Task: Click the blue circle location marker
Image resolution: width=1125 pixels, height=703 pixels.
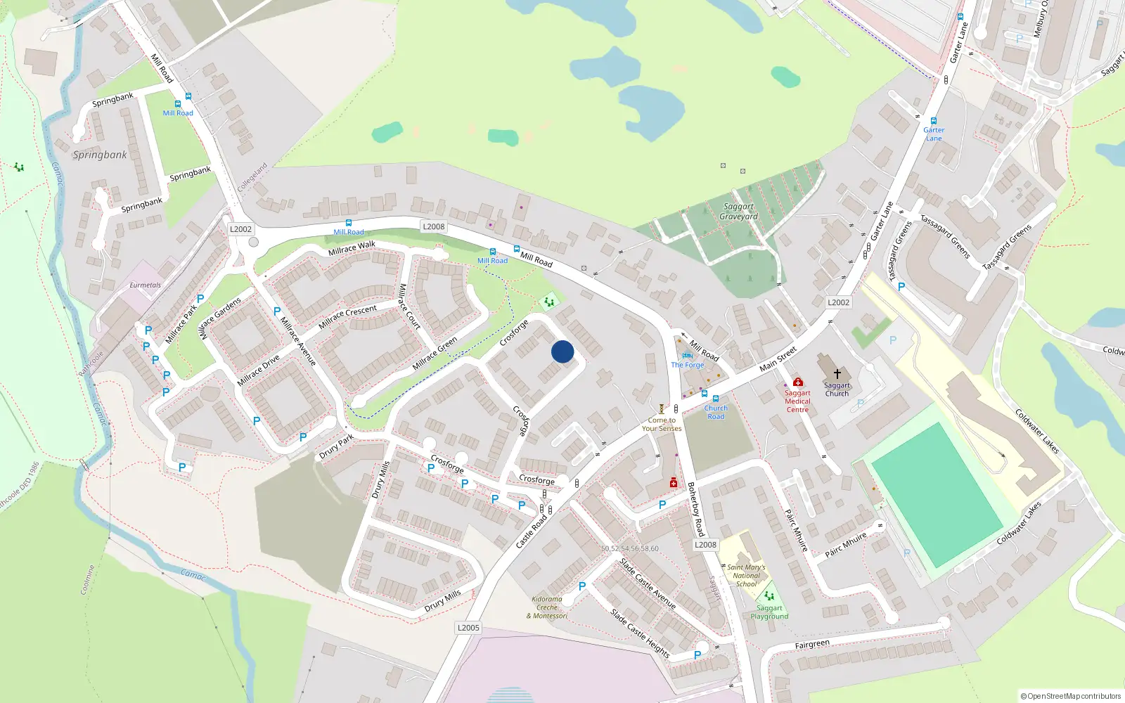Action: (x=562, y=351)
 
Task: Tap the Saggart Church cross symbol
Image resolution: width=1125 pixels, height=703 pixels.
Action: (x=837, y=374)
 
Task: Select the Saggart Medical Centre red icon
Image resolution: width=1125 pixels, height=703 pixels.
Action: (x=798, y=382)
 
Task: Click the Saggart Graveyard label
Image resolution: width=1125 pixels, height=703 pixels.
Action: (x=738, y=212)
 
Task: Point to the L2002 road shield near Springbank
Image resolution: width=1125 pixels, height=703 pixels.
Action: (x=240, y=229)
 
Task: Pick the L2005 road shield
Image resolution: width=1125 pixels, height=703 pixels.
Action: (x=468, y=628)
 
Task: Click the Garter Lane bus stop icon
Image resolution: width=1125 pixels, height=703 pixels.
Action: (x=934, y=121)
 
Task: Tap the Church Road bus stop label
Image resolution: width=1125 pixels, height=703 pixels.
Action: (x=716, y=412)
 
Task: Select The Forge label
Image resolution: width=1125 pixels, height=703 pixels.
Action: (x=687, y=365)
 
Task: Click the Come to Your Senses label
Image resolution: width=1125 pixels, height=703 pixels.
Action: (x=661, y=424)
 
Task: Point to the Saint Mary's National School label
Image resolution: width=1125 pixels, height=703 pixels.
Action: (x=746, y=575)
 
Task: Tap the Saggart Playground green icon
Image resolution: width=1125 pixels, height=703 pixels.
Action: (x=769, y=596)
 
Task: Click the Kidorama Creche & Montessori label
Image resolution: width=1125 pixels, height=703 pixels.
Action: (x=547, y=608)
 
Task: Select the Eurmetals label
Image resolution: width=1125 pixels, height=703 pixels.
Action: (x=146, y=285)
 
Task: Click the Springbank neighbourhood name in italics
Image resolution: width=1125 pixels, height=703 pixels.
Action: (x=100, y=155)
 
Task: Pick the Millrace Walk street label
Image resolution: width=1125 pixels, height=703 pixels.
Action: (x=352, y=248)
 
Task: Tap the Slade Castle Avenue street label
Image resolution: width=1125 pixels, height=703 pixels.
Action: (x=648, y=583)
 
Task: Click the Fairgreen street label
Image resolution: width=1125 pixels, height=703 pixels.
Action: (x=812, y=645)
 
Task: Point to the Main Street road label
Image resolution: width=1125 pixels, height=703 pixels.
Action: (x=778, y=359)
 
